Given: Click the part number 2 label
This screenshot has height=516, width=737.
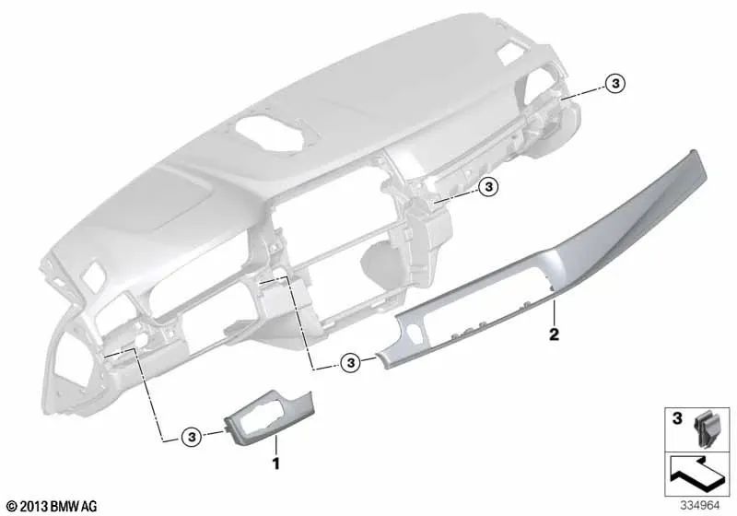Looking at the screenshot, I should [554, 333].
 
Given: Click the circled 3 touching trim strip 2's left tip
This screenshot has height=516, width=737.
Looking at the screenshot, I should [350, 362].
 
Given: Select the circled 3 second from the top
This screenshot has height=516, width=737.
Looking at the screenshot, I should [488, 187].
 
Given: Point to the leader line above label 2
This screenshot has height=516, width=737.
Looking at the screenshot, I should [552, 309].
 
